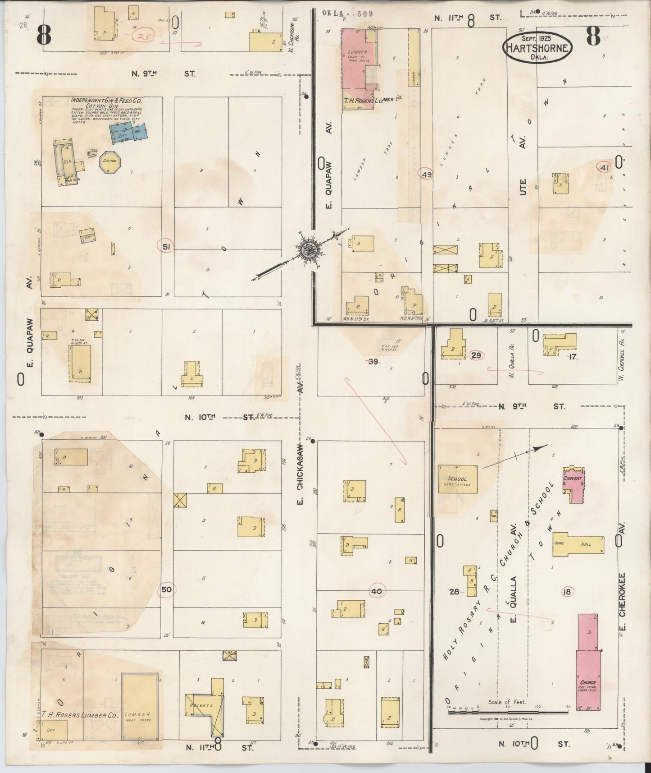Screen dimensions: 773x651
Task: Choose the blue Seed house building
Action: (x=128, y=131)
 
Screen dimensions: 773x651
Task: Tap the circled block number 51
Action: (x=166, y=246)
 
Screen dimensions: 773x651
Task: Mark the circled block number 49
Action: (x=425, y=174)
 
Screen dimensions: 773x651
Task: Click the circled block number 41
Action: (x=604, y=168)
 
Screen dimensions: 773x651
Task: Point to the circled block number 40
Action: (x=377, y=591)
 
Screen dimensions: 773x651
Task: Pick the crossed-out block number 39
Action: (x=373, y=361)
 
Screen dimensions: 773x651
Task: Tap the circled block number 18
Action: (x=567, y=592)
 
